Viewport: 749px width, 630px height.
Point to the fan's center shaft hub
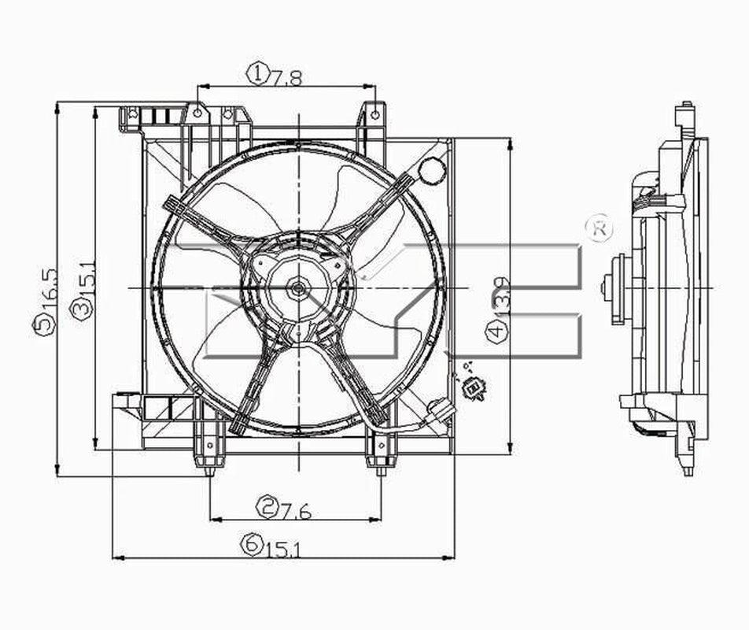click(x=297, y=288)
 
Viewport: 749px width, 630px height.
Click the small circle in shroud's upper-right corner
click(x=431, y=169)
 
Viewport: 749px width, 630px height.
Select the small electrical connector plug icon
click(x=474, y=387)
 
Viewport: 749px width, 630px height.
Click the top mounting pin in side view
click(x=687, y=108)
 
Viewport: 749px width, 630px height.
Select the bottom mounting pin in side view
click(x=688, y=470)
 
